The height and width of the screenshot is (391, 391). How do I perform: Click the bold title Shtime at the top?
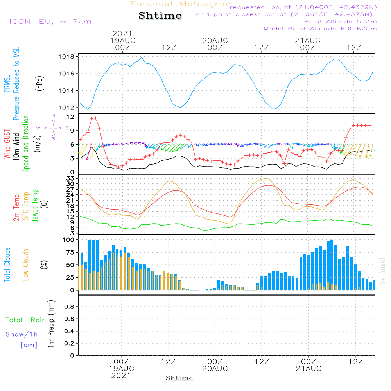(x=160, y=16)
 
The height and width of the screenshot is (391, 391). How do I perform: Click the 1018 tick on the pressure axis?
(x=66, y=57)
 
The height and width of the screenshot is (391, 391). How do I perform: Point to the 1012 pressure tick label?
(x=66, y=108)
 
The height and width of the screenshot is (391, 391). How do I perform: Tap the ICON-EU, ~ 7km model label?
(x=50, y=22)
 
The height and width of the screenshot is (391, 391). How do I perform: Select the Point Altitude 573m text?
(x=341, y=22)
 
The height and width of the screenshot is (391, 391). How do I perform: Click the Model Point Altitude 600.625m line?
(x=320, y=29)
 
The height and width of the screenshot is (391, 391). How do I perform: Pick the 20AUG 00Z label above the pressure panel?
(x=215, y=44)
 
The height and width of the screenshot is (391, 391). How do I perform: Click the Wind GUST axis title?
(x=7, y=144)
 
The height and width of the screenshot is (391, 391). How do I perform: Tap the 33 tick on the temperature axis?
(x=70, y=178)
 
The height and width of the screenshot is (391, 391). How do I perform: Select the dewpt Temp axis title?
(x=35, y=206)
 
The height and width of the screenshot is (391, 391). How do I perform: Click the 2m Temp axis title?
(x=16, y=208)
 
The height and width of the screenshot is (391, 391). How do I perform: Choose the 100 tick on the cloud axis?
(x=68, y=240)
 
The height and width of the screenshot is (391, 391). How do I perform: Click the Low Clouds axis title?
(x=25, y=265)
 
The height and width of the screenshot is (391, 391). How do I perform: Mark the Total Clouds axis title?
(x=7, y=265)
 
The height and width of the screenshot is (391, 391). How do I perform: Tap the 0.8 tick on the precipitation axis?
(x=69, y=307)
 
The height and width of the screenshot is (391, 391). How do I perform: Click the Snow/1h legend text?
(x=22, y=334)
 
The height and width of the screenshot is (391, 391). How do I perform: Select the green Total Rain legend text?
(x=26, y=320)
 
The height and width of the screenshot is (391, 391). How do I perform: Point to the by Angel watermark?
(x=382, y=271)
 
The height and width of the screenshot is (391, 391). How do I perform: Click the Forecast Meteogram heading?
(x=182, y=4)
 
